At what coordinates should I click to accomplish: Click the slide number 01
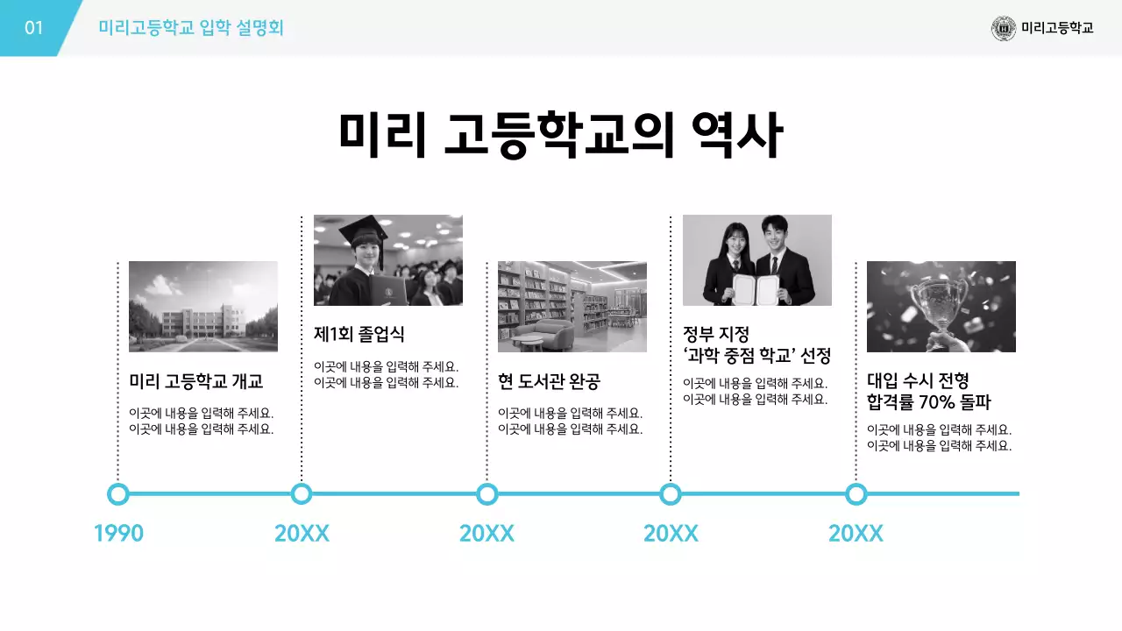(x=33, y=28)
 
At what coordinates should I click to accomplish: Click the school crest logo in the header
(x=1004, y=28)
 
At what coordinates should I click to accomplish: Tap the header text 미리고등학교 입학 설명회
(x=191, y=28)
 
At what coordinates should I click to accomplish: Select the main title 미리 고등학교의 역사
(x=560, y=134)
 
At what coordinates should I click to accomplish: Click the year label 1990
(x=118, y=533)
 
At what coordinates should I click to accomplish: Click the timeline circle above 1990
(x=118, y=494)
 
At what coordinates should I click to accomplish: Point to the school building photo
(x=203, y=306)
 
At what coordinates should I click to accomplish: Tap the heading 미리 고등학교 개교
(x=196, y=381)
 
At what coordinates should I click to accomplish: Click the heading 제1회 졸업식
(x=359, y=334)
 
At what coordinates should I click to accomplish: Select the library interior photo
(x=572, y=306)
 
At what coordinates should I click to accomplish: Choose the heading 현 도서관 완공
(x=549, y=381)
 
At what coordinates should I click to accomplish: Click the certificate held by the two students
(x=755, y=287)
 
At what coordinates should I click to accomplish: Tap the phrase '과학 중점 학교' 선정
(x=756, y=356)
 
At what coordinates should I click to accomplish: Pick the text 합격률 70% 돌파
(x=928, y=402)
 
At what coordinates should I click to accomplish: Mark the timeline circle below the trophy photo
(x=856, y=494)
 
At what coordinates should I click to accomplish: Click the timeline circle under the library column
(x=487, y=494)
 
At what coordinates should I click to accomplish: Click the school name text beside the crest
(x=1057, y=28)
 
